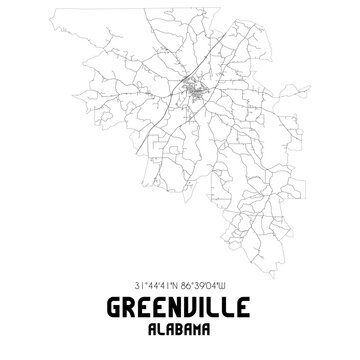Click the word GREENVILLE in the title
(x=180, y=307)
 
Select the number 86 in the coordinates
(x=186, y=282)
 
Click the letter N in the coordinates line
(x=175, y=282)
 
